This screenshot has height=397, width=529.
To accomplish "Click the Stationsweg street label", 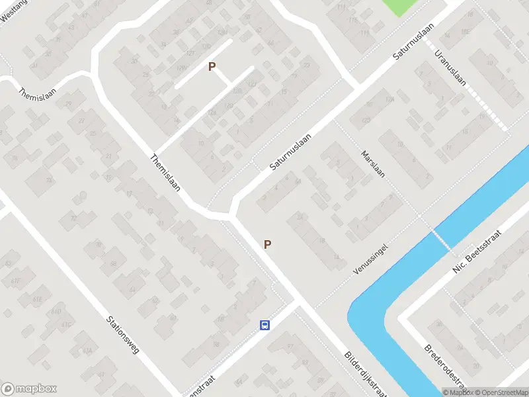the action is (x=123, y=335).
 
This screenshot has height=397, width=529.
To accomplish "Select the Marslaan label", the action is (x=373, y=165).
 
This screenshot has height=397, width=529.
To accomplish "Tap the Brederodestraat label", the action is (x=446, y=367).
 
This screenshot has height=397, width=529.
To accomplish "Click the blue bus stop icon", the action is (x=264, y=325).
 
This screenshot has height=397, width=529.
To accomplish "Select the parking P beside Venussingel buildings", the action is (x=267, y=244).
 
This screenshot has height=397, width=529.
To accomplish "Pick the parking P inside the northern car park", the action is (x=212, y=66).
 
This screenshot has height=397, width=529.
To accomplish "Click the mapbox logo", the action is (x=29, y=389).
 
